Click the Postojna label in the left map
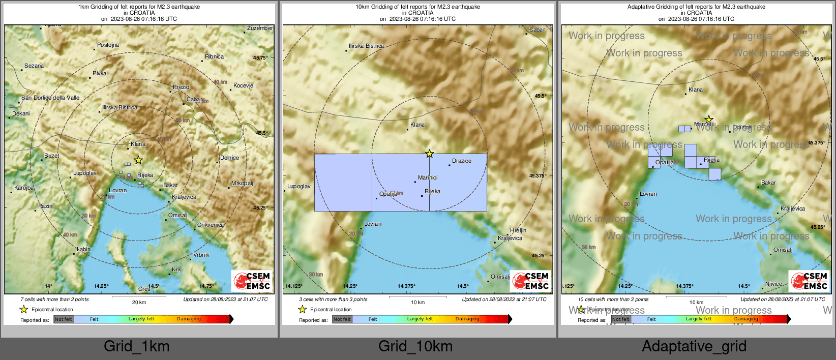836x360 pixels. click(x=108, y=45)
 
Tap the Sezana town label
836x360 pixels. click(x=34, y=66)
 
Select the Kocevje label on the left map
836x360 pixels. click(x=243, y=85)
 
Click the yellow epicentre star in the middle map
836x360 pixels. click(x=430, y=154)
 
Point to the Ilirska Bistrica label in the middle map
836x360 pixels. click(x=366, y=46)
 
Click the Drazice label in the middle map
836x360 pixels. click(x=462, y=161)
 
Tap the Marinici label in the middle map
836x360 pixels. click(x=428, y=177)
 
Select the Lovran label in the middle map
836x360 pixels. click(x=373, y=224)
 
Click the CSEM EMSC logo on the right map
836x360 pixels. click(x=810, y=281)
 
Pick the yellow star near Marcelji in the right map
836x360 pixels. click(x=709, y=119)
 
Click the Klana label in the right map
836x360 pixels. click(x=696, y=90)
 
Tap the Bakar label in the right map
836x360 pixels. click(x=768, y=183)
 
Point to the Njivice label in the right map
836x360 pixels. click(x=774, y=284)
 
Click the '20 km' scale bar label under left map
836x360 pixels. click(x=139, y=302)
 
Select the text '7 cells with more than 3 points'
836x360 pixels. click(x=54, y=299)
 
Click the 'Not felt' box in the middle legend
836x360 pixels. click(x=342, y=319)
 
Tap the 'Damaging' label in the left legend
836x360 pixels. click(x=189, y=319)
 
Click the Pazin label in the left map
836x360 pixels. click(x=45, y=206)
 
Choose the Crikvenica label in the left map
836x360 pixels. click(x=211, y=225)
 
